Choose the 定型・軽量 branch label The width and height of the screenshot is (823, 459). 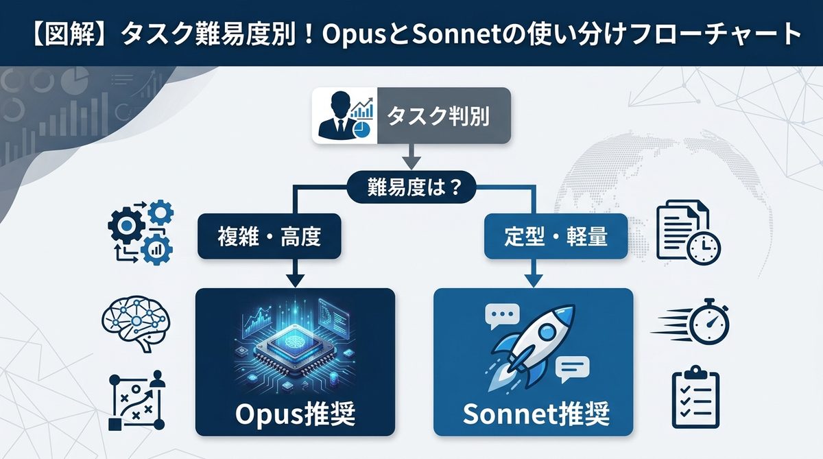[x=556, y=238]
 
